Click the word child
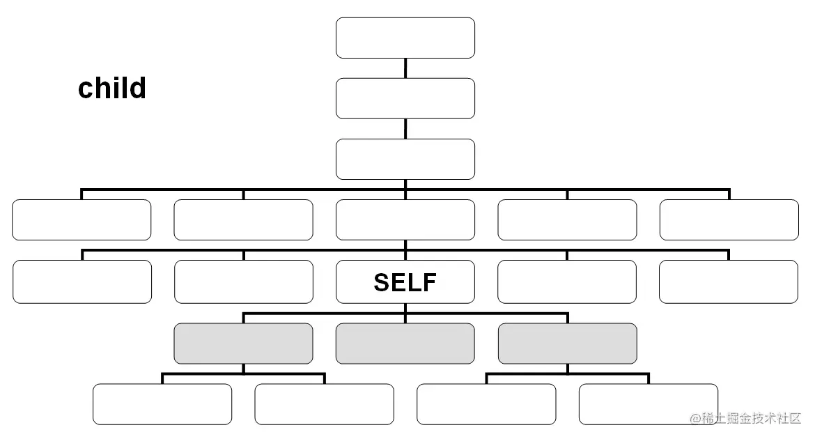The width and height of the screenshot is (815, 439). coord(112,88)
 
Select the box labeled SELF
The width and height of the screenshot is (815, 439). coord(405,282)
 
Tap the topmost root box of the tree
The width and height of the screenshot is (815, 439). coord(405,38)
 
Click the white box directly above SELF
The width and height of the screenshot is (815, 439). coord(405,220)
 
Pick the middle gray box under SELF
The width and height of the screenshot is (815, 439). coord(405,344)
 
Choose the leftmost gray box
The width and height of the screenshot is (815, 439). coord(243,344)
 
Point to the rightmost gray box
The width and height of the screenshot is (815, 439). coord(568,344)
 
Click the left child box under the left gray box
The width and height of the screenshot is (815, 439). coord(162,404)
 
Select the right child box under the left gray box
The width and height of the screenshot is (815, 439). coord(325,404)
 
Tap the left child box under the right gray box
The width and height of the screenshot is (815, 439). coord(486,404)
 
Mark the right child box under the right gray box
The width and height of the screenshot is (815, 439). coord(649,404)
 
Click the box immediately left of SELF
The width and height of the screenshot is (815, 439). coord(244,282)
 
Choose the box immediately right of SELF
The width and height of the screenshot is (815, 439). coord(567,282)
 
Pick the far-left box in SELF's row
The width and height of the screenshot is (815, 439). coord(82,282)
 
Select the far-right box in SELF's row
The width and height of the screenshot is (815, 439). coord(729,282)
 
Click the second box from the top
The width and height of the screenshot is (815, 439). coord(405,98)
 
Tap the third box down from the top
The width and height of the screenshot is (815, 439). coord(405,159)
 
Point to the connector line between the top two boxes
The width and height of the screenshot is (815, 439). coord(405,68)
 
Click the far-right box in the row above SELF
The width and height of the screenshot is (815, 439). coord(729,220)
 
